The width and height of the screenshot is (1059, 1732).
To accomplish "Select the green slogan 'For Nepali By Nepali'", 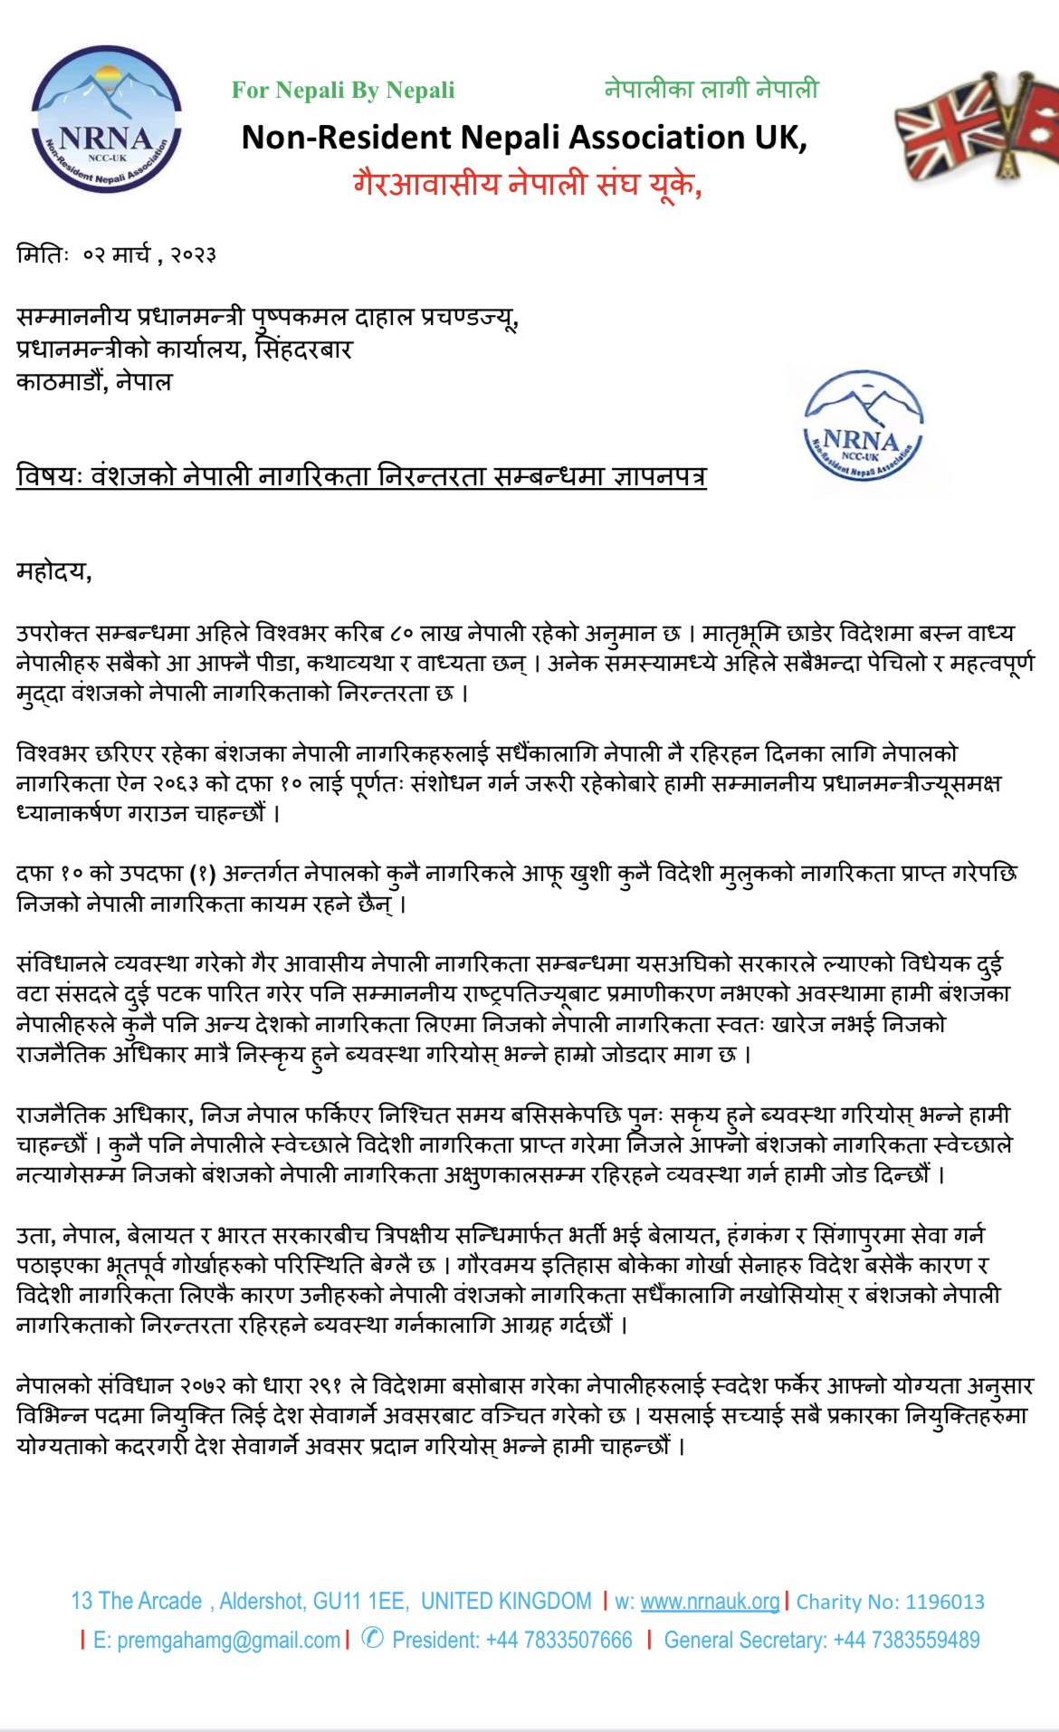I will click(x=343, y=91).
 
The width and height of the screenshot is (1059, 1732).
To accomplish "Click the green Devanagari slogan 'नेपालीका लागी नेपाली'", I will click(x=711, y=90).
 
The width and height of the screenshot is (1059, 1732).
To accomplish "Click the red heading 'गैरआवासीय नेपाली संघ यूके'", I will click(x=527, y=184).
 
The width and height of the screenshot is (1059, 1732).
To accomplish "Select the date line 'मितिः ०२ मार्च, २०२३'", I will click(x=116, y=254).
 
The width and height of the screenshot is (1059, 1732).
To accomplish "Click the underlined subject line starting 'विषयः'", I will click(x=361, y=475).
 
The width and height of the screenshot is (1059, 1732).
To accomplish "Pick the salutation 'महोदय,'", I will click(x=54, y=571).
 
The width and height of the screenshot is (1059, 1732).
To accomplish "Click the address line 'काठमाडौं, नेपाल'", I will click(x=94, y=381).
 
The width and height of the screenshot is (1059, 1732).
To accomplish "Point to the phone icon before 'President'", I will click(x=372, y=1639).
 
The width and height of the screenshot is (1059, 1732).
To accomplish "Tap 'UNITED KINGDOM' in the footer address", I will click(x=506, y=1601).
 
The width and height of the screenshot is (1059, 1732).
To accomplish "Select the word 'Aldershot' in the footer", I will click(x=262, y=1601).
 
